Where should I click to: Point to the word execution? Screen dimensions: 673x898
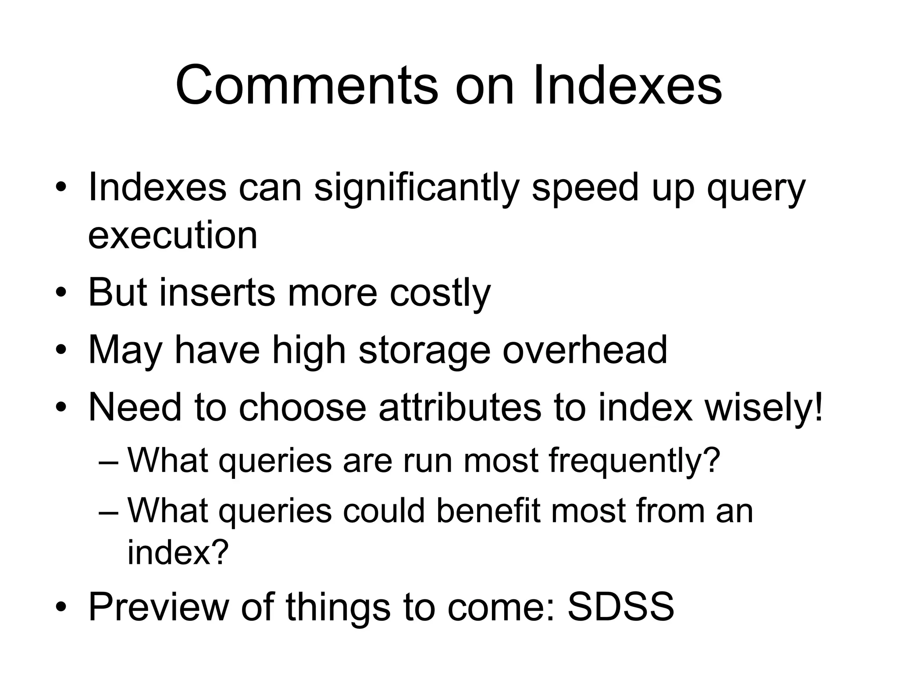tap(173, 235)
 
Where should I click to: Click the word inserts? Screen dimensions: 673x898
tap(217, 292)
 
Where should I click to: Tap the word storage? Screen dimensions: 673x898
tap(424, 351)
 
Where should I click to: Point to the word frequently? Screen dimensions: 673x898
tap(634, 461)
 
